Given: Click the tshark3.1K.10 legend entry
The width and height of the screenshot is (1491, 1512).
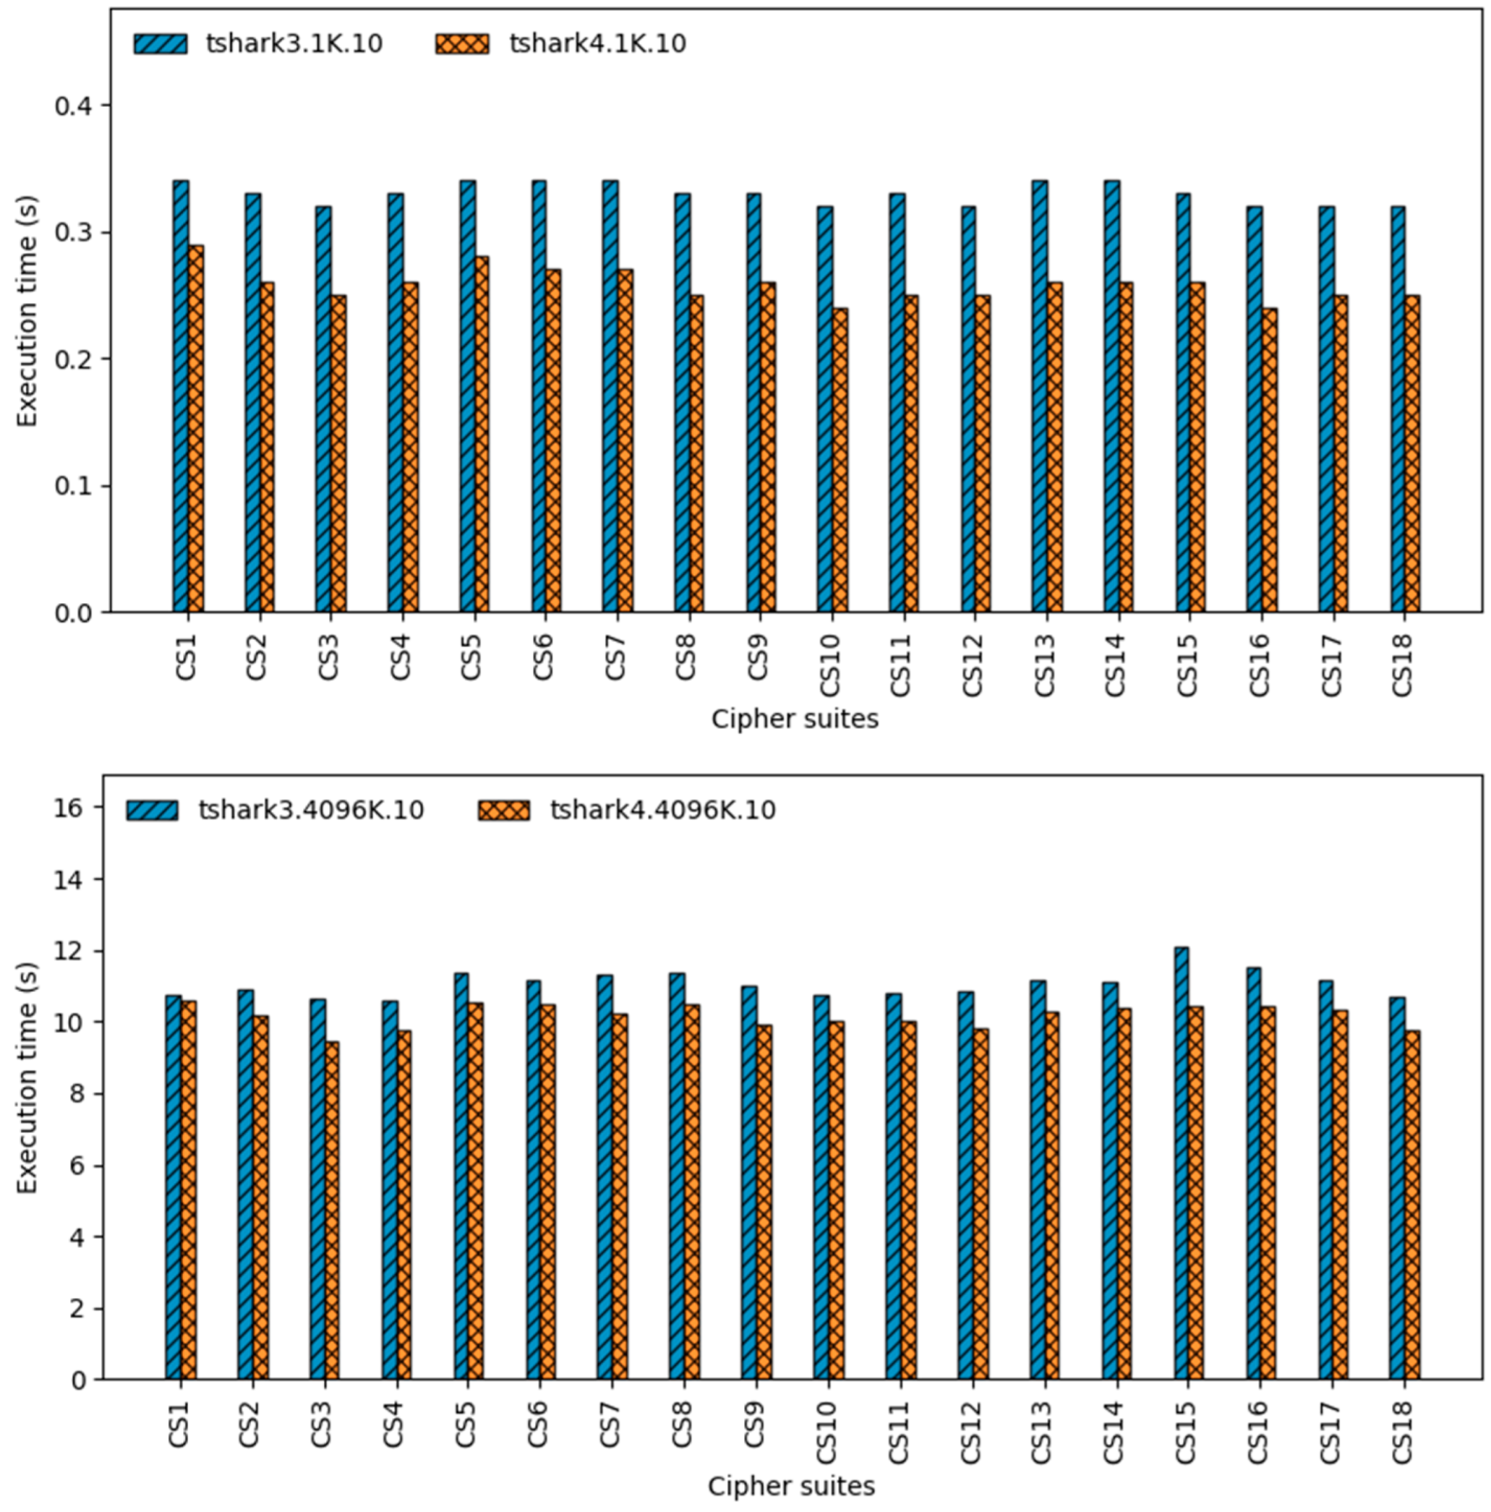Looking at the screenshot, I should [258, 44].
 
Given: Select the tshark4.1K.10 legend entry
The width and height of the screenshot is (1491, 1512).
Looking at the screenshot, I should [560, 44].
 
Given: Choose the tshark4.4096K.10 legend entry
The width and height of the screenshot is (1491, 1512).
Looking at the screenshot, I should [626, 810].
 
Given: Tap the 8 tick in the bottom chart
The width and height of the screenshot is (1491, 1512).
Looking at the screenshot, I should [76, 1094].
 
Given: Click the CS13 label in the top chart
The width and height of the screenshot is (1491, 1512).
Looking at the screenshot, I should [1045, 666].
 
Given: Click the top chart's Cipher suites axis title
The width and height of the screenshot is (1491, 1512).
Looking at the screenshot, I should [794, 718].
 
